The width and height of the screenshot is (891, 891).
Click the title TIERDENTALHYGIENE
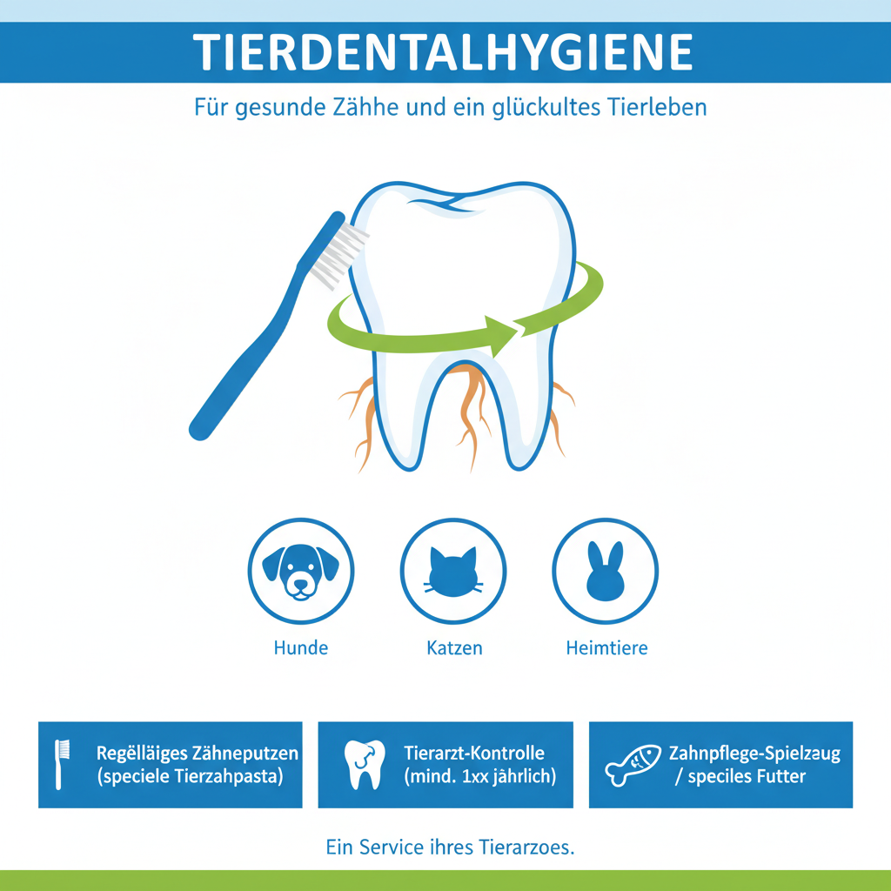(x=443, y=52)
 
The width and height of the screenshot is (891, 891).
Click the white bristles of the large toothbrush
(x=339, y=255)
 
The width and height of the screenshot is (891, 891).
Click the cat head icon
(x=452, y=573)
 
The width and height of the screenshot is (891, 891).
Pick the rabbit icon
(x=606, y=571)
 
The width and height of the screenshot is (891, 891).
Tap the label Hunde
(x=300, y=647)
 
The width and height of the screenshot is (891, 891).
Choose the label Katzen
(x=454, y=647)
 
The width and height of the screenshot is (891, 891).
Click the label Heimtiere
(x=606, y=647)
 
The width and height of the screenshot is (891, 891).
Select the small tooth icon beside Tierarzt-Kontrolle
(x=365, y=765)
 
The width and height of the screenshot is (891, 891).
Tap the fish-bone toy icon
(x=633, y=765)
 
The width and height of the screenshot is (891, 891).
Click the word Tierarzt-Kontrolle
(x=474, y=753)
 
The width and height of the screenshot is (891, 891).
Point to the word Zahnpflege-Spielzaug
(x=754, y=754)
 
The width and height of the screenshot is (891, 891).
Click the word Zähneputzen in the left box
(x=245, y=754)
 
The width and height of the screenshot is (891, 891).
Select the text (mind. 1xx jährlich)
(x=479, y=776)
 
